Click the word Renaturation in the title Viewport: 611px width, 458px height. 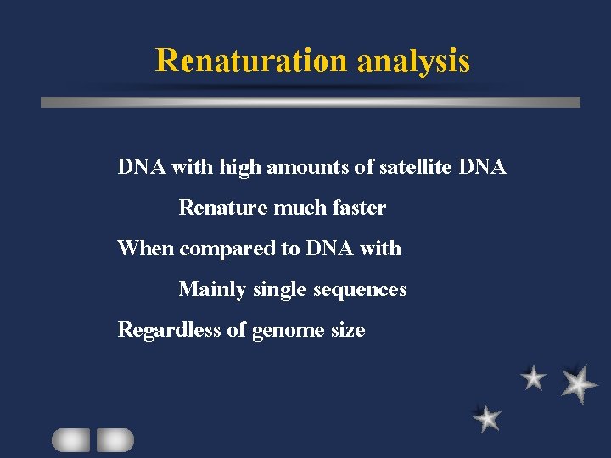[x=251, y=60]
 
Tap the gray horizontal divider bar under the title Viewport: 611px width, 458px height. [x=311, y=102]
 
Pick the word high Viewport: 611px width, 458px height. [x=240, y=167]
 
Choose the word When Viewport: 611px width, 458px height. [x=145, y=249]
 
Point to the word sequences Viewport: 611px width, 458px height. [x=360, y=289]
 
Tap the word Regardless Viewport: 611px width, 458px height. [x=170, y=330]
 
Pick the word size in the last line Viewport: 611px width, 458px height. [x=348, y=330]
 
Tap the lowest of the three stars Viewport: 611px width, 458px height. [x=487, y=417]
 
